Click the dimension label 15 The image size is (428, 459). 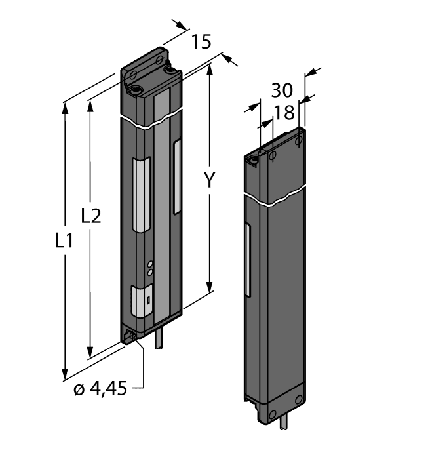coord(202,43)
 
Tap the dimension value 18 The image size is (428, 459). coord(284,113)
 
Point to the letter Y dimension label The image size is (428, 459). coord(208,181)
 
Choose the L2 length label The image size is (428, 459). coord(90,214)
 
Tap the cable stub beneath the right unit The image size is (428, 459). coord(282,423)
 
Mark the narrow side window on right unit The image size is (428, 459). coord(248,259)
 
